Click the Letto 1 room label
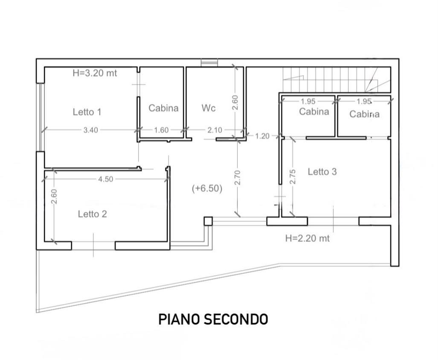[87, 112]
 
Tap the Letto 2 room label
[93, 214]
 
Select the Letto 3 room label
[322, 171]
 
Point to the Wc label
[209, 108]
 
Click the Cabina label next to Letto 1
[163, 108]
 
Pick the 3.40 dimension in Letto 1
[91, 130]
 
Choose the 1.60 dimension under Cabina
[162, 130]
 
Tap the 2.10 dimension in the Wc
[215, 130]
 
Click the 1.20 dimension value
[262, 136]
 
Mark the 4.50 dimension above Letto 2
[106, 179]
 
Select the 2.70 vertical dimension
[237, 177]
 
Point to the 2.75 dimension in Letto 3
[293, 177]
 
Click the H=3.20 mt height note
[95, 73]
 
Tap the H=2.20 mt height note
[307, 238]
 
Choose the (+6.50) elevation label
[207, 189]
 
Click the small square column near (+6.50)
[208, 221]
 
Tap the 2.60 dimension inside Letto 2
[54, 197]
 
